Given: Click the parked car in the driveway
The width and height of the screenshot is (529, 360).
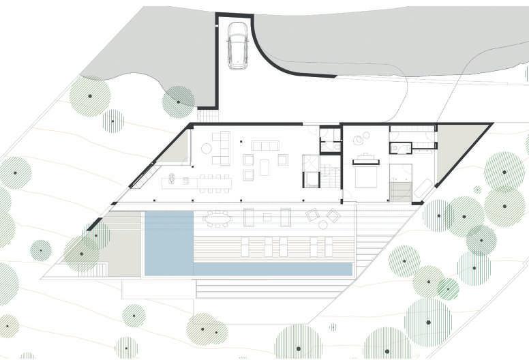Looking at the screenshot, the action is coord(238,46).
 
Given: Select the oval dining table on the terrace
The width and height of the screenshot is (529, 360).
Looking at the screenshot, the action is coord(218,218).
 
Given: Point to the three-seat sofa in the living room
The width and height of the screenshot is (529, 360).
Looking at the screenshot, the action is coord(265,145).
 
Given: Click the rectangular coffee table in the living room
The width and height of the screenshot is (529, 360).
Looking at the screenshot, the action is coord(264,166).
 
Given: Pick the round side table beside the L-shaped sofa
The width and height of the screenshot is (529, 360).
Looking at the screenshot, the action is coord(241,142).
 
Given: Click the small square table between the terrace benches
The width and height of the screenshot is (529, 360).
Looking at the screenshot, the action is coord(267,217).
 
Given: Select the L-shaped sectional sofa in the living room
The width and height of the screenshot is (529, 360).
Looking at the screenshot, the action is coord(220,149).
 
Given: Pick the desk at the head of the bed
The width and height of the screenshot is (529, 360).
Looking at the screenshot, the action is coord(365,157).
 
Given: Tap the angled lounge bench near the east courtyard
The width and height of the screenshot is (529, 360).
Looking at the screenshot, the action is coord(423,187).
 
